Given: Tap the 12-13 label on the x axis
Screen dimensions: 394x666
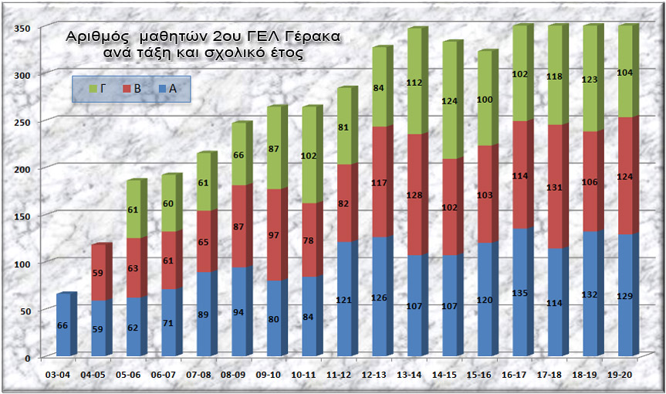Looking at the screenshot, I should (x=374, y=374).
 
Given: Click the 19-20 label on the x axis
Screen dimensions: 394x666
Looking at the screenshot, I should (x=620, y=374).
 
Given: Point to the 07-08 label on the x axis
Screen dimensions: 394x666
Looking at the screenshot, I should (x=200, y=374).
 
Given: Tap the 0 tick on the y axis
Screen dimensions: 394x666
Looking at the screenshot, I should (x=29, y=358).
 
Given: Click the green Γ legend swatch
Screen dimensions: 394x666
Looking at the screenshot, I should (x=93, y=89).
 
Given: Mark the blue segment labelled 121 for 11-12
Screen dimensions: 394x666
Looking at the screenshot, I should (x=344, y=299).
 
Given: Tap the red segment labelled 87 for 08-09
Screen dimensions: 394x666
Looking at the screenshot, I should (x=239, y=226).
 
